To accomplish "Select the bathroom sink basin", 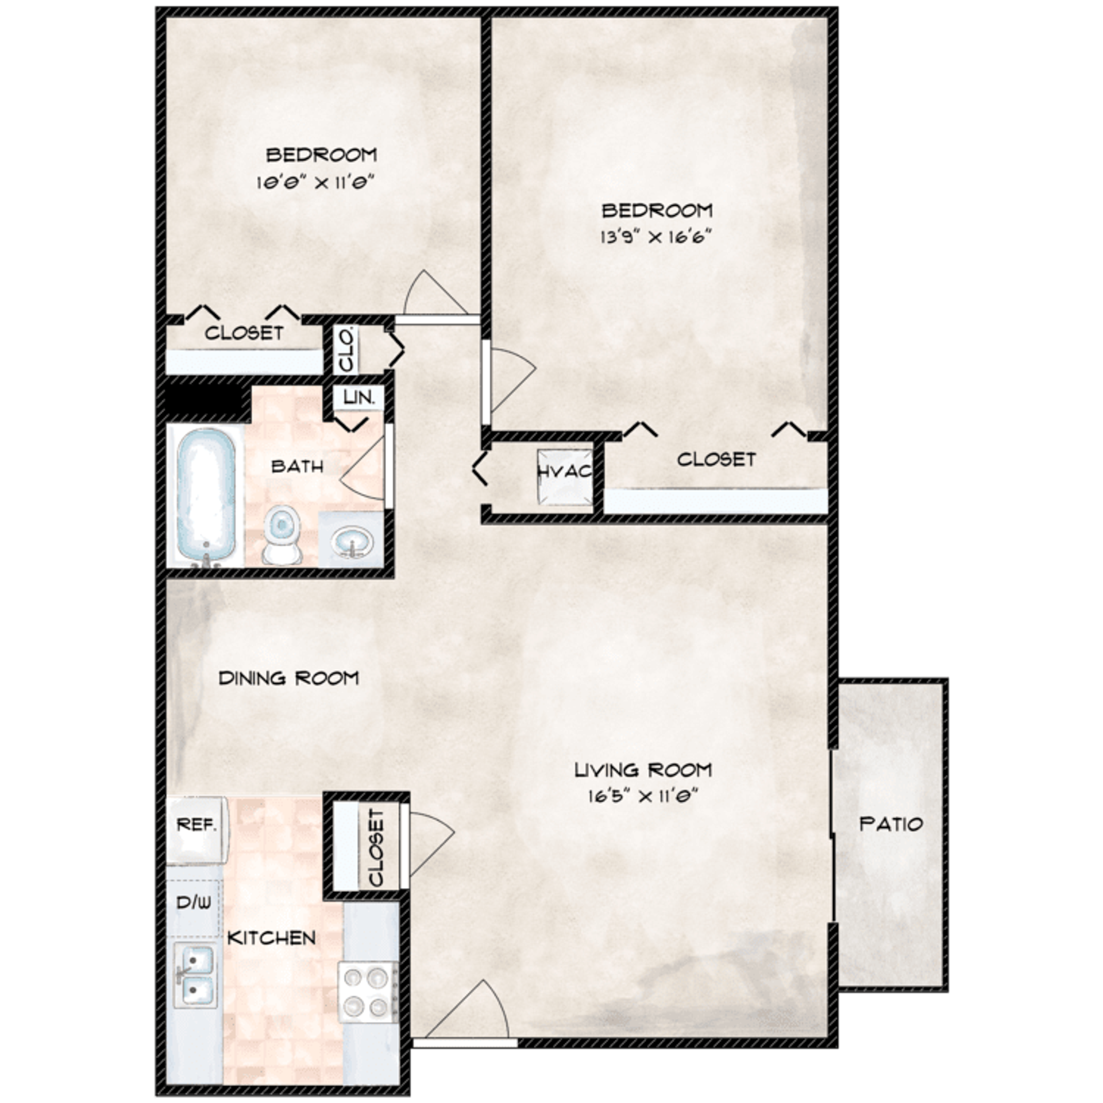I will (x=350, y=540).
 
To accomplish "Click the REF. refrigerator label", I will (x=196, y=825).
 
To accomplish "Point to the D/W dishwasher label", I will (x=194, y=903).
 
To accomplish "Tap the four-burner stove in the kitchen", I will (x=368, y=992).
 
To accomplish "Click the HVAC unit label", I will (x=565, y=472).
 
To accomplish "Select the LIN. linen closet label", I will (x=359, y=397).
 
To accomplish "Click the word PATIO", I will (x=891, y=824).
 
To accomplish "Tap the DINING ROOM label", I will (x=288, y=678).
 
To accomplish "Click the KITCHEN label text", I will (x=271, y=938).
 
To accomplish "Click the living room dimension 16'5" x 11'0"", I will (x=643, y=796).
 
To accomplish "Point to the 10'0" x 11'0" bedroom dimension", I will (x=315, y=183).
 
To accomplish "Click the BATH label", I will (x=297, y=466).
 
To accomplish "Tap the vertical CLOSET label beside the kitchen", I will (x=376, y=847).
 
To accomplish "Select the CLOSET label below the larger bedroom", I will (x=716, y=459).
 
